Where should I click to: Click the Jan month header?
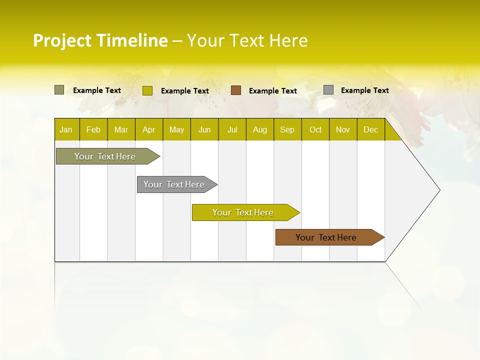[66, 129]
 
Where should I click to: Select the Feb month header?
[93, 129]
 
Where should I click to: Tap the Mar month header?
[121, 129]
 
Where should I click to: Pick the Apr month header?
[149, 129]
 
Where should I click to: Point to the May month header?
[176, 129]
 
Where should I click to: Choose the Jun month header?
[204, 129]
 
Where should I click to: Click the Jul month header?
[232, 129]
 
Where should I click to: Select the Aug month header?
[260, 129]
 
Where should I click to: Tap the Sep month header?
[287, 129]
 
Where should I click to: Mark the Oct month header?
[315, 129]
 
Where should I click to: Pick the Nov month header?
[343, 129]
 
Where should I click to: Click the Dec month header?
[370, 129]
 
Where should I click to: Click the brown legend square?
[236, 90]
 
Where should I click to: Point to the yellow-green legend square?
[147, 90]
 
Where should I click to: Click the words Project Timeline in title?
[100, 40]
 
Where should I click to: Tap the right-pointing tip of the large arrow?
[438, 190]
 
